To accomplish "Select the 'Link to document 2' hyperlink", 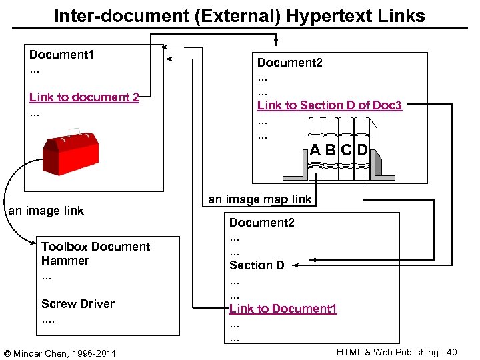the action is tap(84, 97).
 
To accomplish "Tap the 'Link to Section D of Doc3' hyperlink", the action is tap(329, 105).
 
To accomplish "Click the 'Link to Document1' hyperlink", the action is tap(283, 309).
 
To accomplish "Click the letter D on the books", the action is tap(362, 150).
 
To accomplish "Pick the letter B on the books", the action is tap(331, 150).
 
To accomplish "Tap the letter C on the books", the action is tap(346, 150).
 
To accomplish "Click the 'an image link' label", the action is tap(46, 211).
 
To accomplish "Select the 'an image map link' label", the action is tap(259, 199).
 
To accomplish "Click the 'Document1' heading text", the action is tap(61, 54).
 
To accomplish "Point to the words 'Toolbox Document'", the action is tap(95, 247).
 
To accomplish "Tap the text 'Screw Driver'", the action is tap(77, 304).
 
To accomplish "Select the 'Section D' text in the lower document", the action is tap(257, 265).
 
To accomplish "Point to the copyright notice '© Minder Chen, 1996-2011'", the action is tap(60, 351).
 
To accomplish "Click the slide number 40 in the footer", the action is tap(452, 351).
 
